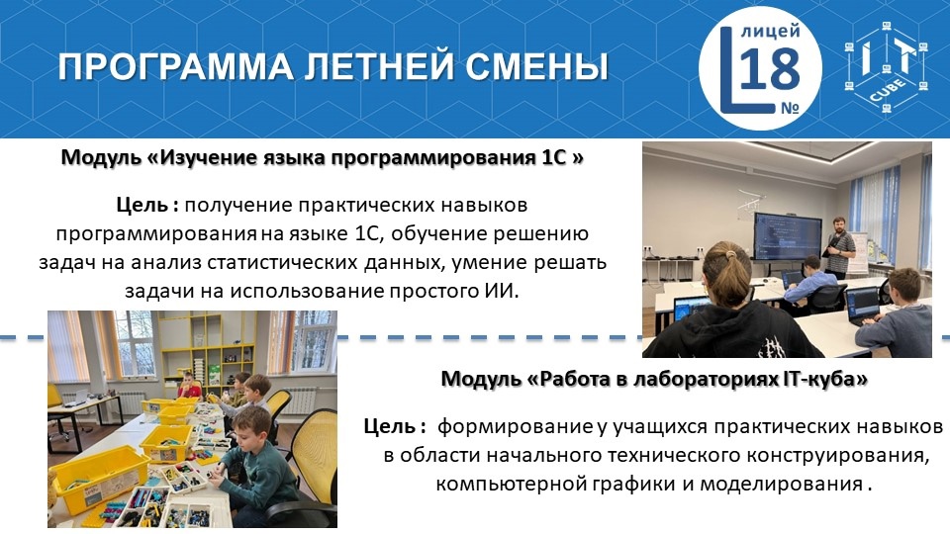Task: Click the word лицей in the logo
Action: coord(771,31)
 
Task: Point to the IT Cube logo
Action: coord(887,67)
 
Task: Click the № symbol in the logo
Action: coord(790,107)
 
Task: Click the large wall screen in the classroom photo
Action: coord(787,235)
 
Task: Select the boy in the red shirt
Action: coord(188,387)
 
